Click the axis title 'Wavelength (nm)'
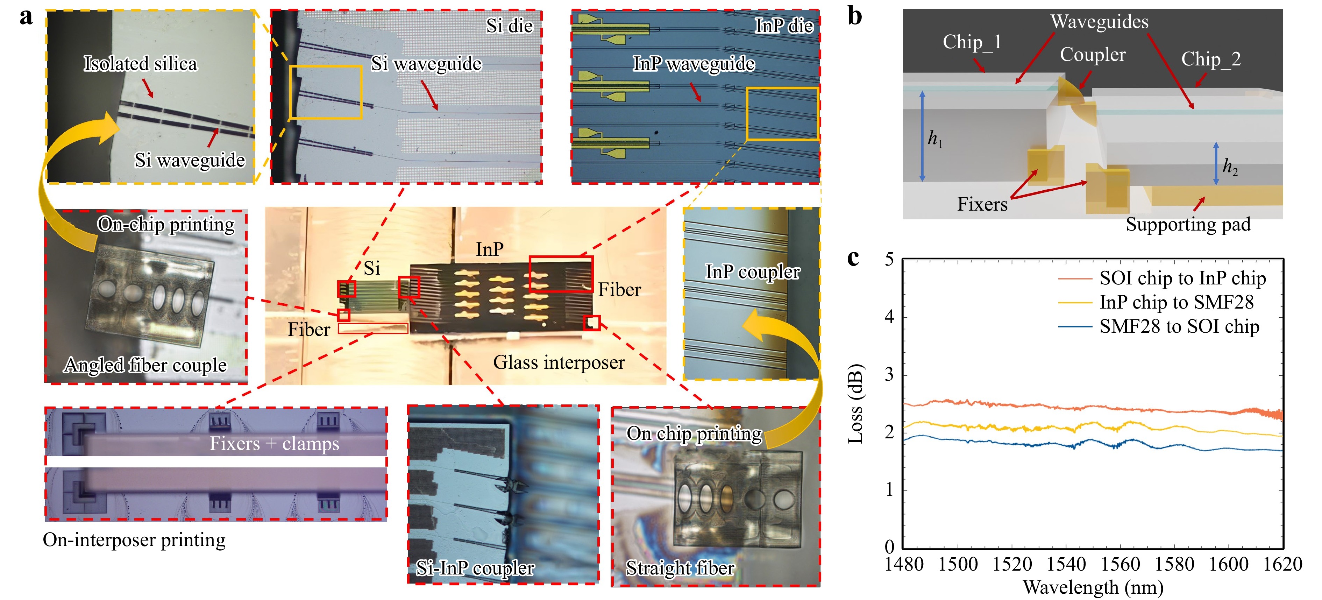pos(1093,587)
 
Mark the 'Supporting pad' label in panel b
pos(1188,224)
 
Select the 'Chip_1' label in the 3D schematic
pos(972,42)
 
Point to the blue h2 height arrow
pos(1216,163)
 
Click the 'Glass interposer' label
pos(559,362)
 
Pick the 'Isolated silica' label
pos(140,64)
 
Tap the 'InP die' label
pos(784,26)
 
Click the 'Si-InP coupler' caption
pos(475,568)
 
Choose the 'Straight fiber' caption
pos(680,568)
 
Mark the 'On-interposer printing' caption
pos(134,540)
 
